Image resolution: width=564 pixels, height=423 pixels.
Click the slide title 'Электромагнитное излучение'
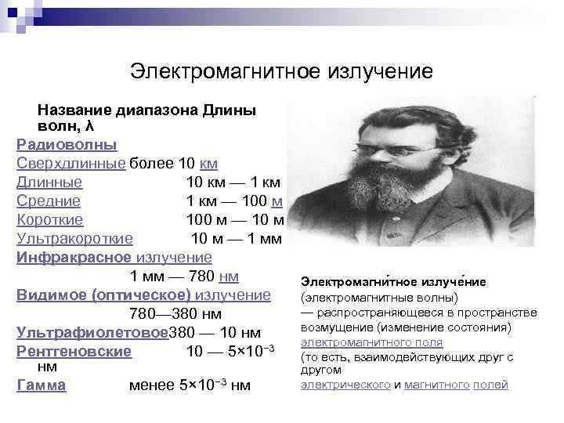coord(281,72)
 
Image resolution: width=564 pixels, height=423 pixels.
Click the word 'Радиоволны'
coord(67,145)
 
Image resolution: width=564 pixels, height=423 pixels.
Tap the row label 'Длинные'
coord(49,183)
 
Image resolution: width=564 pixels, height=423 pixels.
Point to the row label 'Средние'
coord(48,201)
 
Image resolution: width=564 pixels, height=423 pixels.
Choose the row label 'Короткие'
coord(50,220)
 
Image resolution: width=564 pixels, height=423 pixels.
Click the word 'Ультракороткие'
coord(75,239)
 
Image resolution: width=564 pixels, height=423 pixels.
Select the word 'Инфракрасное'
coord(74,258)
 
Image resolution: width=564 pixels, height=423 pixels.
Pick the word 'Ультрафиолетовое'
coord(92,333)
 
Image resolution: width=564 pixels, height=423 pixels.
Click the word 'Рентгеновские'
coord(74,352)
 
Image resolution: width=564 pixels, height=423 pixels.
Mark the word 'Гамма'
coord(42,385)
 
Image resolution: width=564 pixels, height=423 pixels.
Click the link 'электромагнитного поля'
coord(372,343)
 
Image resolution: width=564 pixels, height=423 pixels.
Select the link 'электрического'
coord(345,385)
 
